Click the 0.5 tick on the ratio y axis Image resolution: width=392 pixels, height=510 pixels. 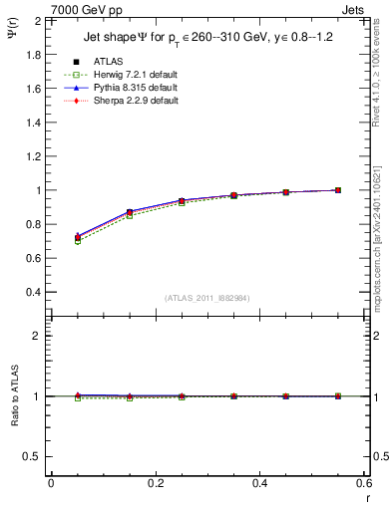34,456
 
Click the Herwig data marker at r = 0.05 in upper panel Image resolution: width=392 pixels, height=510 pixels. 77,242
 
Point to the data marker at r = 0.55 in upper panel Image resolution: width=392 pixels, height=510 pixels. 338,190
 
